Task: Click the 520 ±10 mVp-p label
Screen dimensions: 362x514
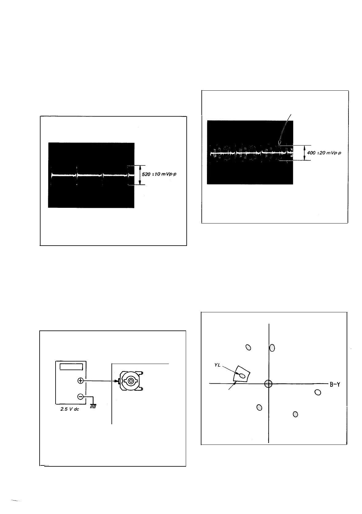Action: coord(159,174)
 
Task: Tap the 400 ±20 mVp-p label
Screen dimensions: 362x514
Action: coord(324,153)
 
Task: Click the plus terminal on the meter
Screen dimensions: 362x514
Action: coord(80,381)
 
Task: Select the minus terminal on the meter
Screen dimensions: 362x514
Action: coord(80,397)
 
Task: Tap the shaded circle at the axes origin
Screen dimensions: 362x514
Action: coord(268,384)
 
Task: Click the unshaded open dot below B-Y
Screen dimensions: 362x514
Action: coord(318,393)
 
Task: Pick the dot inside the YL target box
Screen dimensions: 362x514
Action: coord(242,375)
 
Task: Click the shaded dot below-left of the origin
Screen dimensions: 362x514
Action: coord(259,408)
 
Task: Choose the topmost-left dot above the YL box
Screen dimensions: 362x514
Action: coord(248,348)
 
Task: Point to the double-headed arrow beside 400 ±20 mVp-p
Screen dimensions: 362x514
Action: coord(304,153)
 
